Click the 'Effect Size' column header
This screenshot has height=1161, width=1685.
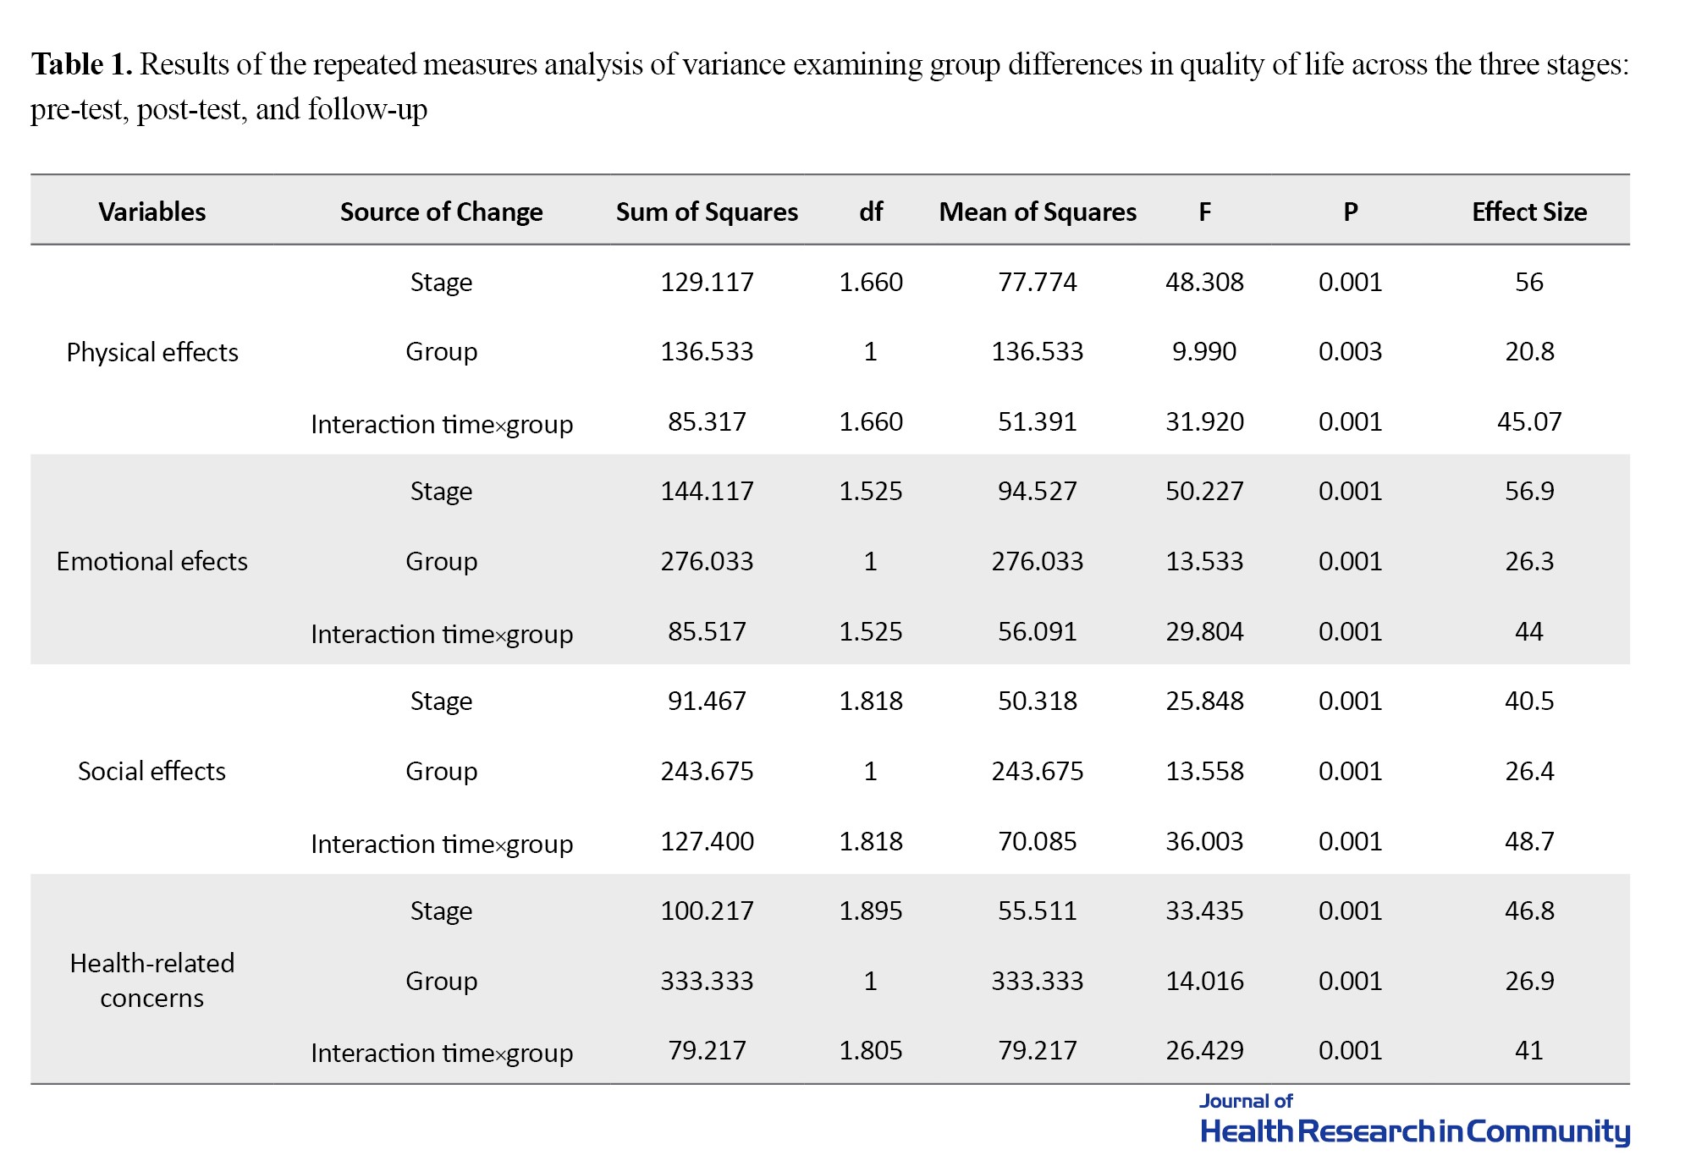click(1528, 212)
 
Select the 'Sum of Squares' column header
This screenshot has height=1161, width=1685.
click(707, 212)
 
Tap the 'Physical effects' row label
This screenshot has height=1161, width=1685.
click(152, 352)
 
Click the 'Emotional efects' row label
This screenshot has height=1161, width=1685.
click(152, 561)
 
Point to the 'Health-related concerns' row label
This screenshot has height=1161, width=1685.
click(152, 980)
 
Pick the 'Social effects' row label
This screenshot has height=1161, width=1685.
click(152, 771)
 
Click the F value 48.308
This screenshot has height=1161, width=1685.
click(1204, 282)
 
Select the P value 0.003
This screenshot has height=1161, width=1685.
click(1350, 351)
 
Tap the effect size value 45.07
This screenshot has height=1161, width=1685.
click(1529, 421)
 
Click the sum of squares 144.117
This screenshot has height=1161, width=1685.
click(707, 491)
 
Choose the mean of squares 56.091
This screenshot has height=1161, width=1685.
click(1038, 631)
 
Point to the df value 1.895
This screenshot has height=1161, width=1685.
click(871, 911)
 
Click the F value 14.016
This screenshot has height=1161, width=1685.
click(1204, 981)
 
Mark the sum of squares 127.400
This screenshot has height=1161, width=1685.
click(707, 841)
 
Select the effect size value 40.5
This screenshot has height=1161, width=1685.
click(1529, 701)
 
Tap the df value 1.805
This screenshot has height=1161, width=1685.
click(871, 1050)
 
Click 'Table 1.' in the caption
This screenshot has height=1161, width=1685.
click(82, 64)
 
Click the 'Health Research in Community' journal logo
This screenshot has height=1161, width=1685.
click(1415, 1122)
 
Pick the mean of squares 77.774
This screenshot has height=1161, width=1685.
click(1038, 282)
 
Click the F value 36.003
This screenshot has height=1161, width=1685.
click(1204, 841)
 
